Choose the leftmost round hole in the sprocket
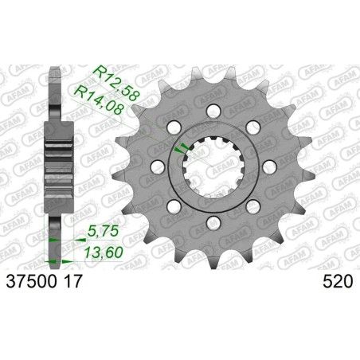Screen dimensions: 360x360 tap(158, 166)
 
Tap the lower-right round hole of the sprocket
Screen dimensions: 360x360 tap(253, 205)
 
